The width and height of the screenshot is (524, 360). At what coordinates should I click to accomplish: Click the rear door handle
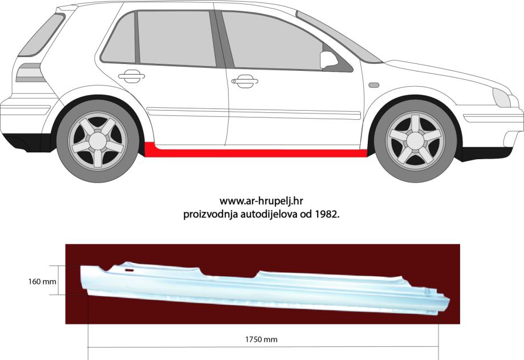(131, 74)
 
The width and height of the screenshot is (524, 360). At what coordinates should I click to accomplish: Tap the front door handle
(245, 82)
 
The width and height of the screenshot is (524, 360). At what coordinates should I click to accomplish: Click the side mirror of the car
(329, 59)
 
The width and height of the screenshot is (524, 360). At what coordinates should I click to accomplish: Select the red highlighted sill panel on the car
(257, 152)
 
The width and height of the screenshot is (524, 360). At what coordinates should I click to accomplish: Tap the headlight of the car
(502, 98)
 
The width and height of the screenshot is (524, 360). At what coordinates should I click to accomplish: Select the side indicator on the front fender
(374, 85)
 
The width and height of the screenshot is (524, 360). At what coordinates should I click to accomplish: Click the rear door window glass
(177, 39)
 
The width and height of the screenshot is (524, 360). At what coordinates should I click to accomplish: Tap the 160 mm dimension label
(42, 281)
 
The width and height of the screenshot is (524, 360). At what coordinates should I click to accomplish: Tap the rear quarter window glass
(119, 41)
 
